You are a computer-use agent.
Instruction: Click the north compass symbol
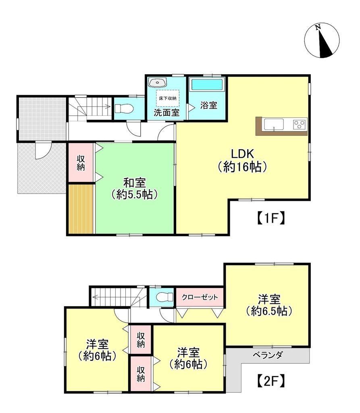pos(322,40)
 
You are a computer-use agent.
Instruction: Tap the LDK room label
pos(242,160)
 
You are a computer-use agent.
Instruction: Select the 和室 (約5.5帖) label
pos(134,189)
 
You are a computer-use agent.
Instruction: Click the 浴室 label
pos(208,105)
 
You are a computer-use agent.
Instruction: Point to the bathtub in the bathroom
pos(207,85)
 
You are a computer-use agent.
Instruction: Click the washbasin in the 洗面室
pos(157,82)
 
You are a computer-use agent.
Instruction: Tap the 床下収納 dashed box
pos(167,98)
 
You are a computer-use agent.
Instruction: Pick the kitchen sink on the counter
pos(274,124)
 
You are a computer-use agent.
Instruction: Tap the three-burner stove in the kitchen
pos(300,124)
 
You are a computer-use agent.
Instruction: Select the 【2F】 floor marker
pos(271,381)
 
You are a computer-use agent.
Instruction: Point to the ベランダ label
pos(267,355)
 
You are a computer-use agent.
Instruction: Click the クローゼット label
pos(200,297)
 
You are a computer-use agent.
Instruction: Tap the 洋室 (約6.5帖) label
pos(269,306)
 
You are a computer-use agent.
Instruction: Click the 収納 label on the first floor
pos(81,163)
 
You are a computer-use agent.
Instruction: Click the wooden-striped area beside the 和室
pos(81,209)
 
